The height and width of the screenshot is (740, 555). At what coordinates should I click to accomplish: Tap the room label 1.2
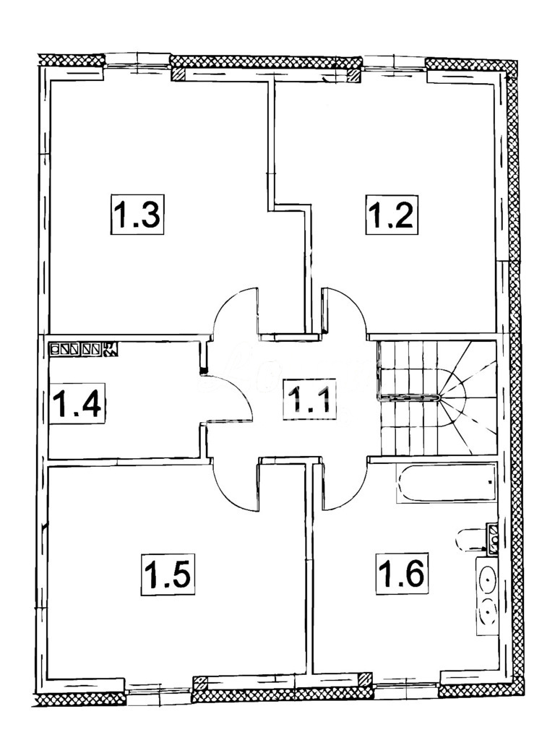point(391,215)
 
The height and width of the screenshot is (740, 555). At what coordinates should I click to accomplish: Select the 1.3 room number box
point(137,215)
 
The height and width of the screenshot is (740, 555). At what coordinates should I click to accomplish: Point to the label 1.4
point(77,405)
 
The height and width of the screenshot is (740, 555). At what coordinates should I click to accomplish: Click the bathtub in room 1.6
point(445,483)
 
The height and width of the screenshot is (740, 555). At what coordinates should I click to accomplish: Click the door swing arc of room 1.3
point(233,311)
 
